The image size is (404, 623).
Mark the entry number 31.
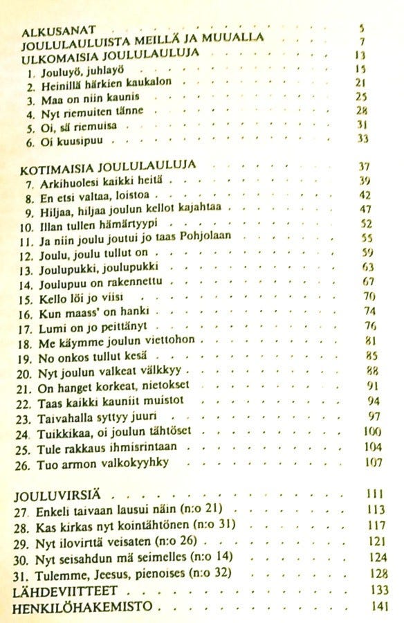pos(24,574)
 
